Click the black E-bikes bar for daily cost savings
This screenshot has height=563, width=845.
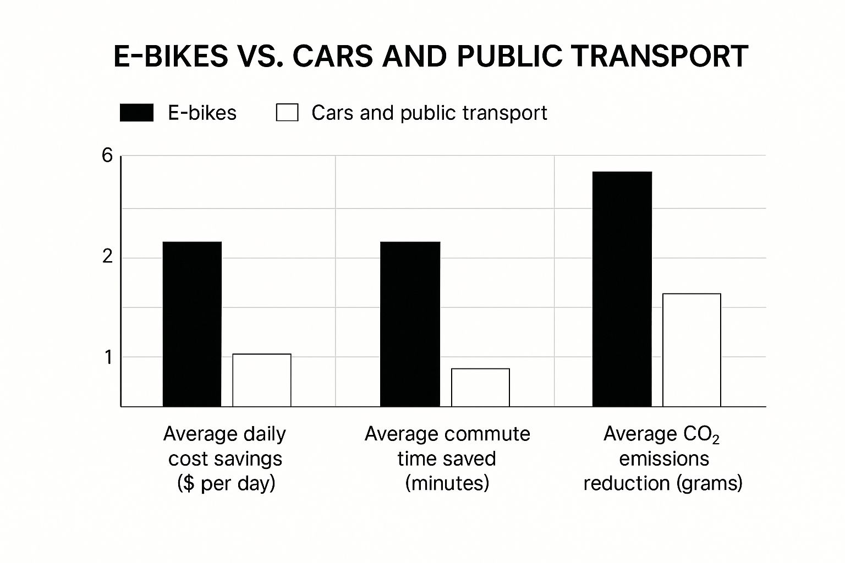[192, 324]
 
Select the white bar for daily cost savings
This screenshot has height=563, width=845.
[261, 380]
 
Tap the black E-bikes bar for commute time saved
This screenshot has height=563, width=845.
[410, 324]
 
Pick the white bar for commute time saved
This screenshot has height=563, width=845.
[480, 387]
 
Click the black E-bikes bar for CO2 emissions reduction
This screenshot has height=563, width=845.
[622, 289]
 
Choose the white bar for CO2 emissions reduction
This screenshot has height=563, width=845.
[692, 350]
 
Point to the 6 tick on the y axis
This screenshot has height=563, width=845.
[107, 156]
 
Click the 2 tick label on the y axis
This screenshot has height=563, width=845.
[107, 256]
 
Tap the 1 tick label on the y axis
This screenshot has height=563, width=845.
[108, 357]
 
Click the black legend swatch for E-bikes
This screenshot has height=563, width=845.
[136, 113]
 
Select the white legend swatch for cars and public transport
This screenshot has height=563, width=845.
[287, 113]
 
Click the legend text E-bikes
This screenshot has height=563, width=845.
[202, 113]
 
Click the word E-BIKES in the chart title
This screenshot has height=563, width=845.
[171, 56]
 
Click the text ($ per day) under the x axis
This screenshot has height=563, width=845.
[226, 483]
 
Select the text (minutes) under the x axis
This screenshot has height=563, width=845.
[447, 483]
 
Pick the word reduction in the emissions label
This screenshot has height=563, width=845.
[625, 483]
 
